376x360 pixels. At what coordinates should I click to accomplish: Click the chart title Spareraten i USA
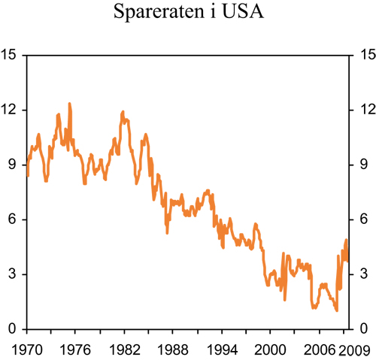pos(187,14)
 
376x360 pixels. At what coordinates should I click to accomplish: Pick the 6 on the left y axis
pos(12,219)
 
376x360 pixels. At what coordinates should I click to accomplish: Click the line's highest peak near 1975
pos(70,104)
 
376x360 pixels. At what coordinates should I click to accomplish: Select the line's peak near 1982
pos(123,112)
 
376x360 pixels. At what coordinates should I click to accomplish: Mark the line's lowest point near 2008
pos(337,310)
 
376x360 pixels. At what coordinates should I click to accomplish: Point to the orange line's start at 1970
pos(28,174)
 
